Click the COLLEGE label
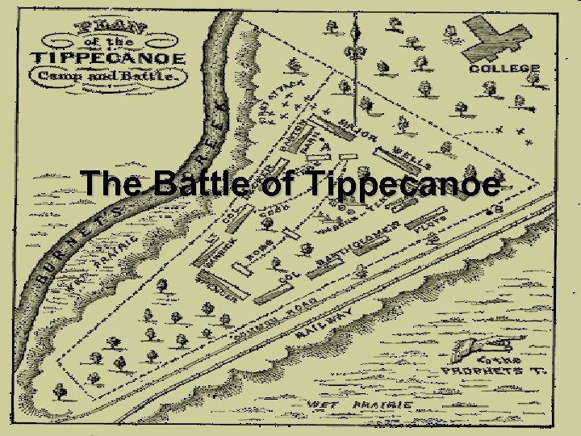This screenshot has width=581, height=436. (504, 69)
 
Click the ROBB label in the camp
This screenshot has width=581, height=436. (257, 258)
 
